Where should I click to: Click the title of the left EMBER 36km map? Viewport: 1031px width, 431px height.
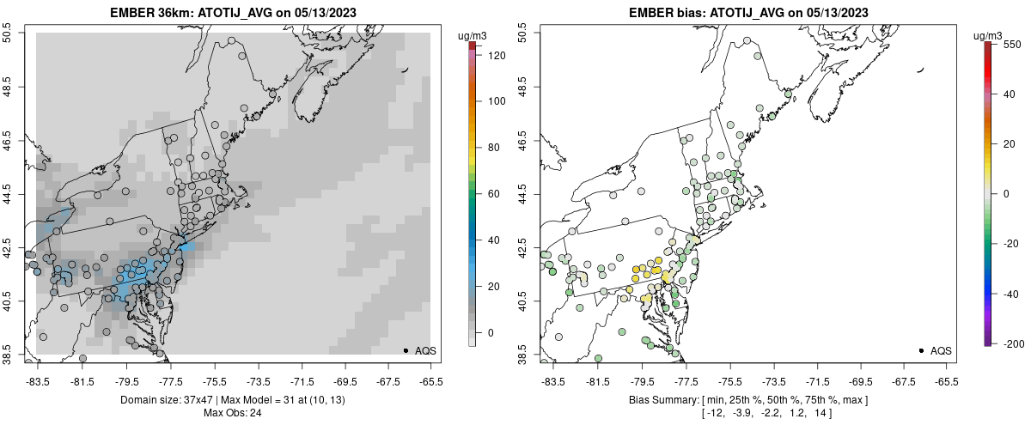[x=233, y=13]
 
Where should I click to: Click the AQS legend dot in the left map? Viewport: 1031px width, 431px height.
[x=406, y=350]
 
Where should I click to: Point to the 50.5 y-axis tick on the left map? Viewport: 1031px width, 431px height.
[x=9, y=33]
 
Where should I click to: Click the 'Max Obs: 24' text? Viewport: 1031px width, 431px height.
[x=233, y=413]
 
